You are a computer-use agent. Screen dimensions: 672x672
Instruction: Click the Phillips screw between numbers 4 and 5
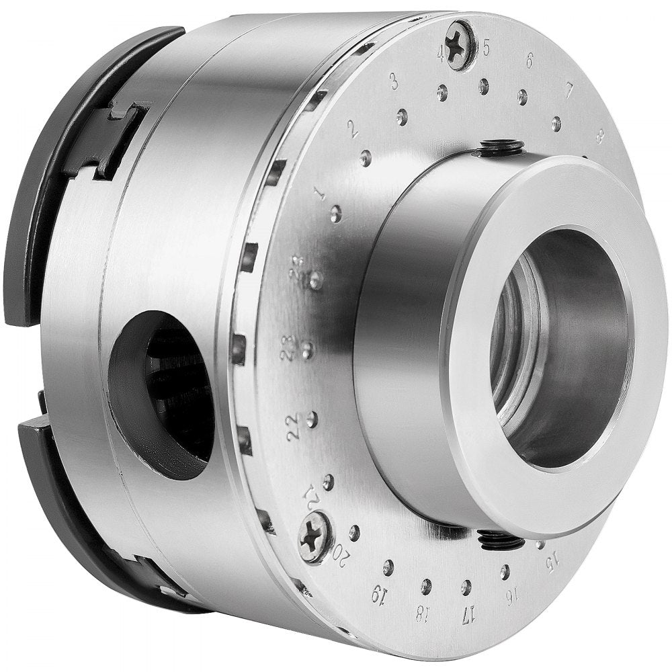point(460,45)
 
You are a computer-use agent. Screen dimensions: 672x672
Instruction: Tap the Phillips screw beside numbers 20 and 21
point(316,536)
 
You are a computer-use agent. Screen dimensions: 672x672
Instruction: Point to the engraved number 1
point(320,194)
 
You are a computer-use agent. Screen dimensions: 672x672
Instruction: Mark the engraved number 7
point(569,89)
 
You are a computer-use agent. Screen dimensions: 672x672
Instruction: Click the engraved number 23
point(288,348)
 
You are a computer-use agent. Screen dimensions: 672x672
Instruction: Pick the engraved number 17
point(468,614)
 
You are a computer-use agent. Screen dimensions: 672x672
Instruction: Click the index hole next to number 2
point(366,158)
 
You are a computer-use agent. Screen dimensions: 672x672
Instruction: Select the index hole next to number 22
point(311,419)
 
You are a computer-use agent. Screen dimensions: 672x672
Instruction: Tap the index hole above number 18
point(426,586)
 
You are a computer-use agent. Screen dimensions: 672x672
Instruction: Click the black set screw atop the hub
point(501,146)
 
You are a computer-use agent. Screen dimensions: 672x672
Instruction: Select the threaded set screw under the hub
point(501,538)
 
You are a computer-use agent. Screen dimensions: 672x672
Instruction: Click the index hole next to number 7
point(556,124)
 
